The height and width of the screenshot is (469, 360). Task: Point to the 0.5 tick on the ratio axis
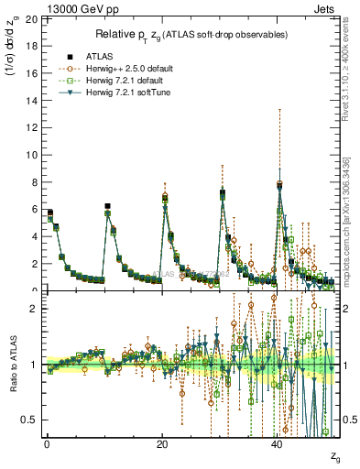[x=29, y=420]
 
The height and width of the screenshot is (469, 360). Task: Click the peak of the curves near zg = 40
[x=279, y=183]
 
